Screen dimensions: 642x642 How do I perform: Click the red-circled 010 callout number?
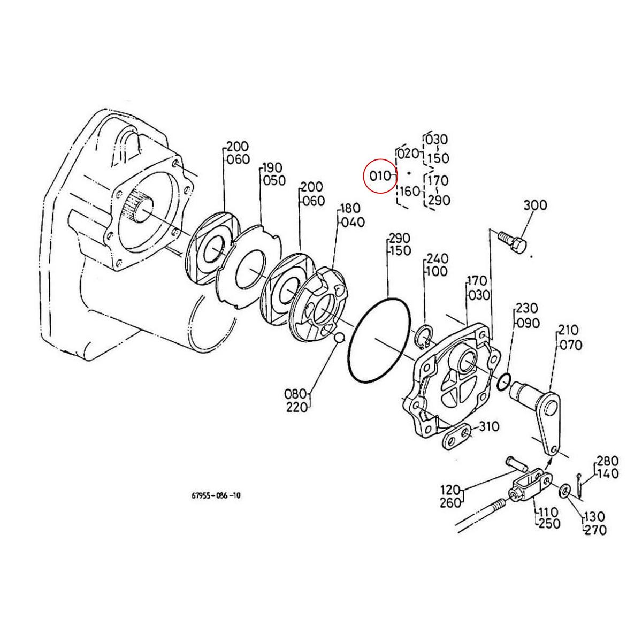click(380, 175)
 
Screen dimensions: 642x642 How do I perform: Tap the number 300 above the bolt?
click(535, 205)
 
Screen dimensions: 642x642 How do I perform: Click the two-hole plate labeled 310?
click(456, 438)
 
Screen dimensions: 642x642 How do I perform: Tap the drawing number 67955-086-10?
click(216, 495)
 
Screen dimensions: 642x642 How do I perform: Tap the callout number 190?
click(272, 168)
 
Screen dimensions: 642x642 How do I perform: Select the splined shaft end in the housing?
click(140, 208)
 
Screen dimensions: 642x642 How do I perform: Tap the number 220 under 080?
click(297, 407)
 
